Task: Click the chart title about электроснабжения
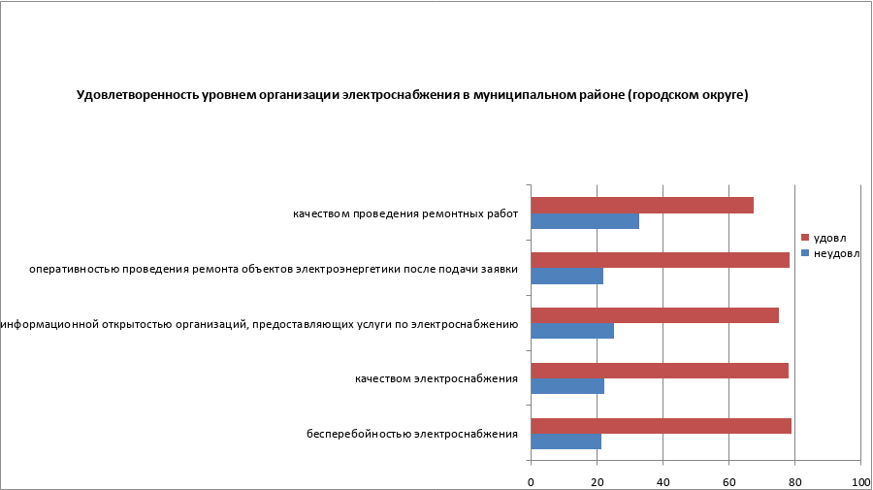click(x=412, y=95)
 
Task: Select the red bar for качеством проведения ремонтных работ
click(x=642, y=205)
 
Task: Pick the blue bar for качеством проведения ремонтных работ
click(x=585, y=221)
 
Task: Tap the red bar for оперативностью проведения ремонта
click(x=660, y=260)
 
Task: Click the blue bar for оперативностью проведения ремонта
click(x=567, y=277)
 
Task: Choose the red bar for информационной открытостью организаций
click(x=655, y=315)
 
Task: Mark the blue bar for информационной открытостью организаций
click(x=572, y=332)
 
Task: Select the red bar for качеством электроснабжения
click(x=660, y=371)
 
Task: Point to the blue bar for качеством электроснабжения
click(x=567, y=387)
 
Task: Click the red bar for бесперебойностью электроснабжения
click(x=661, y=426)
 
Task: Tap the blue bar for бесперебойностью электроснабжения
click(x=566, y=442)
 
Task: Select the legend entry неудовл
click(x=834, y=252)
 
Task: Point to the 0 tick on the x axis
click(x=532, y=481)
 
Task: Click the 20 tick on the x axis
click(x=597, y=481)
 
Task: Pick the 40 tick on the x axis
click(x=663, y=481)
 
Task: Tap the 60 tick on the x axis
click(x=728, y=481)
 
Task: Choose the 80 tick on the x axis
click(x=794, y=481)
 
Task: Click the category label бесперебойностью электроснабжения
click(x=412, y=434)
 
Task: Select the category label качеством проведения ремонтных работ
click(x=405, y=213)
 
